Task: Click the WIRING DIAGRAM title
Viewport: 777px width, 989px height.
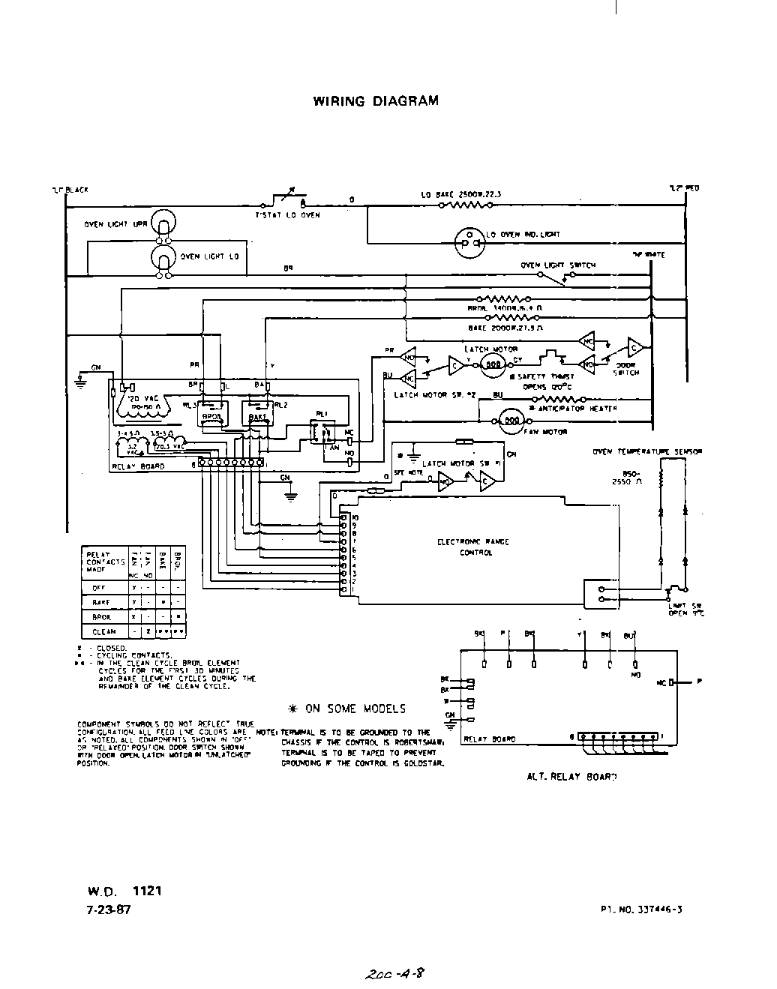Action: coord(375,101)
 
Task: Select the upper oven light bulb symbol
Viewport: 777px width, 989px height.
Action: coord(163,223)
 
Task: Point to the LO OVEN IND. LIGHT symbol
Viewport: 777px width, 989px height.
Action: coord(469,238)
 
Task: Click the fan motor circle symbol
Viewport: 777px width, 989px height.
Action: coord(512,421)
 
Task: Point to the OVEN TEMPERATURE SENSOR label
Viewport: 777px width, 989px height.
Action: coord(646,452)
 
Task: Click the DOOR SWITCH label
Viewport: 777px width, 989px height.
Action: coord(627,370)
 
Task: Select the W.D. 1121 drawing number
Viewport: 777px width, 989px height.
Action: coord(124,892)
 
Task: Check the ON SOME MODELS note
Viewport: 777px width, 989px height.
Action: coord(346,709)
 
